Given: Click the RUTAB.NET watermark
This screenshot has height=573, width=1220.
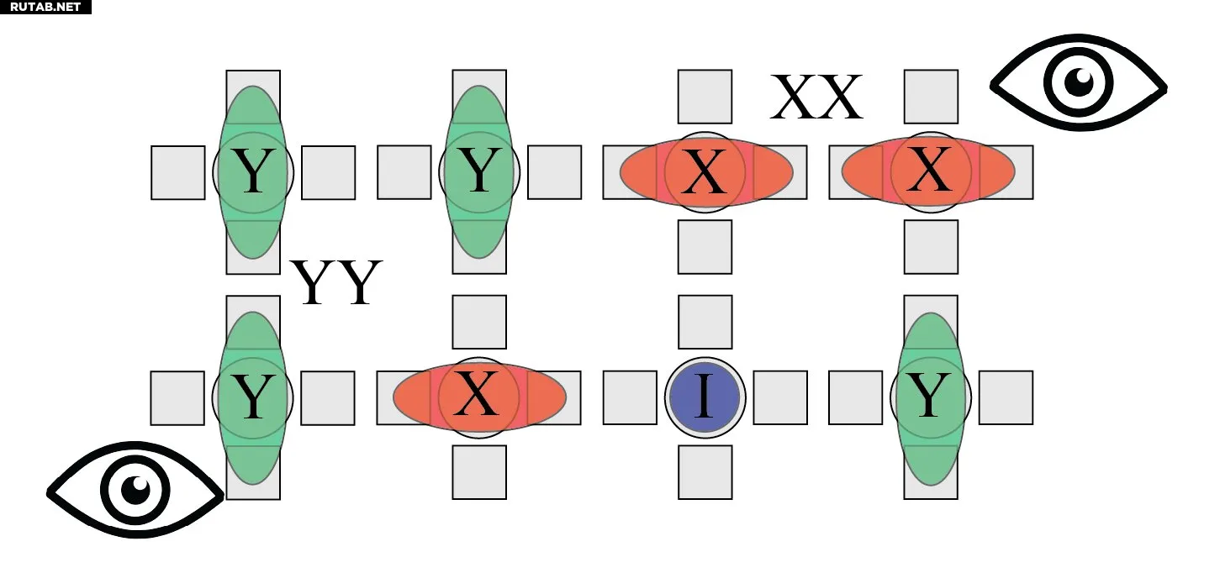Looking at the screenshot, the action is point(45,7).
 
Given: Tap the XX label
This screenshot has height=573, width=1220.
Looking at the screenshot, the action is point(816,97).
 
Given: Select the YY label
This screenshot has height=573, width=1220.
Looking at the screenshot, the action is point(336,282).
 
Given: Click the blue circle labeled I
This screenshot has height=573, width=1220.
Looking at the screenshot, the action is point(705,397).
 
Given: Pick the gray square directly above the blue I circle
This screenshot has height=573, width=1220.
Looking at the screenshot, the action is point(705,322).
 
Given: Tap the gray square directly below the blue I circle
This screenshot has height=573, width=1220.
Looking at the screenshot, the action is point(705,472).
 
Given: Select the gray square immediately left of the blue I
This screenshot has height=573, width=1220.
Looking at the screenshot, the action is point(630,397).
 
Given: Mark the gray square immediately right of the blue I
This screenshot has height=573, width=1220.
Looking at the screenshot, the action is point(780,397).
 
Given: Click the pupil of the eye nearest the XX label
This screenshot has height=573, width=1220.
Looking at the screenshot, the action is point(1079,82).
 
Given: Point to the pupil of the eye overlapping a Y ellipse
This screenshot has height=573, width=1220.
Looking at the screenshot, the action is point(135,490).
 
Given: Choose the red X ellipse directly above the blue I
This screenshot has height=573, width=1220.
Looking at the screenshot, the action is point(706,171).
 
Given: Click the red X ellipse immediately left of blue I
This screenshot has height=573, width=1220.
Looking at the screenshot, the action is point(479,397).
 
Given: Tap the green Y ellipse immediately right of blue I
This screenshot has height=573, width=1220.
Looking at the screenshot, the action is point(931,398).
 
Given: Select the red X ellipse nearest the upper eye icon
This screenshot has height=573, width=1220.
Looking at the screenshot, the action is point(928,171).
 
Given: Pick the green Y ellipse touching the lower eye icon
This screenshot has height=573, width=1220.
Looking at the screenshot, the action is point(253,397).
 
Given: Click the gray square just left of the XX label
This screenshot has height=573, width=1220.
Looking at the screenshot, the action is point(705,97).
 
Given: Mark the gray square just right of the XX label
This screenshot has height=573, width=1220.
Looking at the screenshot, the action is point(931,97).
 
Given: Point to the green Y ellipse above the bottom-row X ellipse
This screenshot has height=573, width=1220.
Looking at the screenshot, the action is point(479,172).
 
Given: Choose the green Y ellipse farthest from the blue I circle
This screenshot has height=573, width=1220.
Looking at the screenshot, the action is point(253,172).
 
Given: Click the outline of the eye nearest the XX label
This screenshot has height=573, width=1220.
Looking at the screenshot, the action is point(1079,82).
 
